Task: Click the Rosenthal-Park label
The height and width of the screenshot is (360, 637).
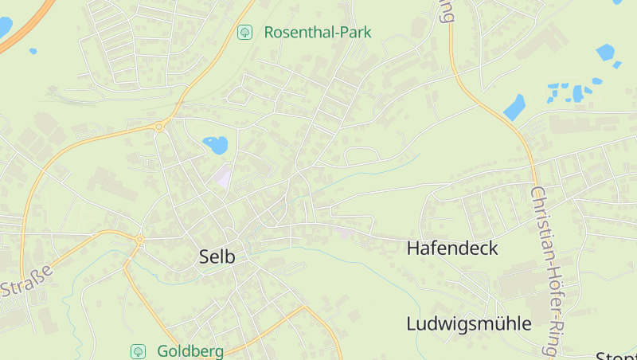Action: click(x=317, y=33)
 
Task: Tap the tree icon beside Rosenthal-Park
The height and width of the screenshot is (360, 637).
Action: click(x=245, y=33)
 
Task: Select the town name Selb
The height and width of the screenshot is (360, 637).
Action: click(x=217, y=256)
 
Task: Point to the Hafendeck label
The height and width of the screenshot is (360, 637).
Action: click(x=452, y=248)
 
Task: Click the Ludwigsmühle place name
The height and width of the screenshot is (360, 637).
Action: click(x=468, y=323)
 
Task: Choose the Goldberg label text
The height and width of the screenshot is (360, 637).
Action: click(x=190, y=350)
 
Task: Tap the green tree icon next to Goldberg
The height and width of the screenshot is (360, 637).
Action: click(x=139, y=350)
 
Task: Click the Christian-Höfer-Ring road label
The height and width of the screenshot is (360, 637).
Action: click(x=545, y=271)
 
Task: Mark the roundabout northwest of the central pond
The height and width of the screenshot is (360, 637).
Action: click(x=160, y=126)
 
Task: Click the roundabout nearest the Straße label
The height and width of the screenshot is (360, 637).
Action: click(x=139, y=238)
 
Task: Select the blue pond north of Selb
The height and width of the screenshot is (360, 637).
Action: click(x=216, y=145)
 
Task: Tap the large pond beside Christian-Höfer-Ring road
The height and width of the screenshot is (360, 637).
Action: click(x=514, y=107)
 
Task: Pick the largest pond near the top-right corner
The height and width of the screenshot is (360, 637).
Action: click(x=606, y=53)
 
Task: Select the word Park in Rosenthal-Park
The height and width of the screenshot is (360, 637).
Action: click(x=354, y=33)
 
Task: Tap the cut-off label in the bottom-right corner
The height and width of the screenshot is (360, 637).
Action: click(x=617, y=355)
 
